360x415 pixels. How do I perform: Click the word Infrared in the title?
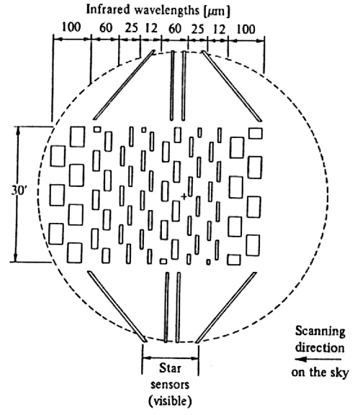click(108, 9)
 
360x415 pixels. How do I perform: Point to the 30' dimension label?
click(18, 190)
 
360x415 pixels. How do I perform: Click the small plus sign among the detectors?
click(184, 196)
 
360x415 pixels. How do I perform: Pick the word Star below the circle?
click(170, 368)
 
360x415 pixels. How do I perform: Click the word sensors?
click(170, 384)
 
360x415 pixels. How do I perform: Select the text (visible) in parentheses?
click(170, 401)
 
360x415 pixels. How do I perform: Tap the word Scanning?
click(320, 332)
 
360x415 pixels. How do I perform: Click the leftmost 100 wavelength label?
click(71, 27)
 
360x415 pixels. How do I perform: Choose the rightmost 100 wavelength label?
click(246, 29)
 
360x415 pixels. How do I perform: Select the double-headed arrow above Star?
click(170, 358)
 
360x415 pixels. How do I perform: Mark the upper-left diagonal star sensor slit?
click(124, 85)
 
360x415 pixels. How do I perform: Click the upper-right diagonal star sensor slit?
click(232, 86)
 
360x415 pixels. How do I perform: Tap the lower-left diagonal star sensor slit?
click(117, 306)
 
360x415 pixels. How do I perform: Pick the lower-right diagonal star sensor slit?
click(226, 307)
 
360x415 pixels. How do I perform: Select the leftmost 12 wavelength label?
click(151, 28)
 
